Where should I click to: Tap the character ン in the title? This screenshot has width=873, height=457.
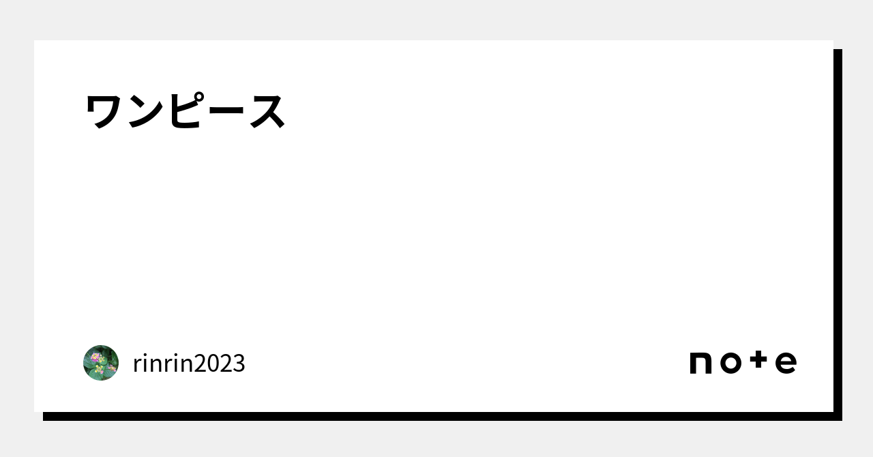tap(145, 112)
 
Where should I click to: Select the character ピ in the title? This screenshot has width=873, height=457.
tap(186, 110)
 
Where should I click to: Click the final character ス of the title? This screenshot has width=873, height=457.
tap(267, 112)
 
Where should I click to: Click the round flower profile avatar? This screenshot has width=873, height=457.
tap(101, 363)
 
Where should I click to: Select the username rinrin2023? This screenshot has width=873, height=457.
tap(189, 363)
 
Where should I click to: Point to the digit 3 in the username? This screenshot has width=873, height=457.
tap(239, 364)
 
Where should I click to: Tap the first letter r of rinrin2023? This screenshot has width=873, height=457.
tap(138, 366)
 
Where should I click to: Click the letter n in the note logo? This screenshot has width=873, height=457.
tap(700, 363)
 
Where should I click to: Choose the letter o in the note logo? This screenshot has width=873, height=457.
tap(730, 363)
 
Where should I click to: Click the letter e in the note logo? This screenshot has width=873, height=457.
tap(786, 363)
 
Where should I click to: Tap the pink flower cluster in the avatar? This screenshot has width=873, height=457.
tap(95, 357)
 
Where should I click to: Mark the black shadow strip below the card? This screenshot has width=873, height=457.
tap(443, 417)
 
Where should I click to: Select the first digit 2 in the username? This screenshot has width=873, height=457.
tap(201, 364)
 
